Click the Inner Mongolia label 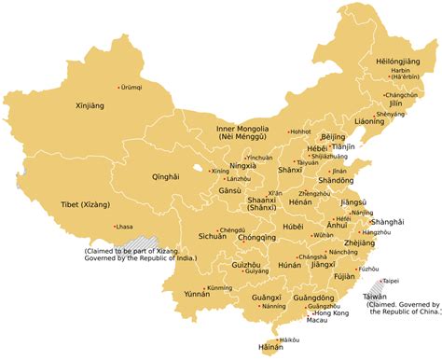click(245, 129)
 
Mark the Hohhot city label click(300, 132)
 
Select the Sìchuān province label click(213, 237)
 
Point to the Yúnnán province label click(198, 294)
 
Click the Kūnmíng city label click(219, 287)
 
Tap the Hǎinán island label click(269, 347)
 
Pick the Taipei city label click(390, 280)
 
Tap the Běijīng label click(333, 137)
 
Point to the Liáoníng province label click(368, 121)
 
